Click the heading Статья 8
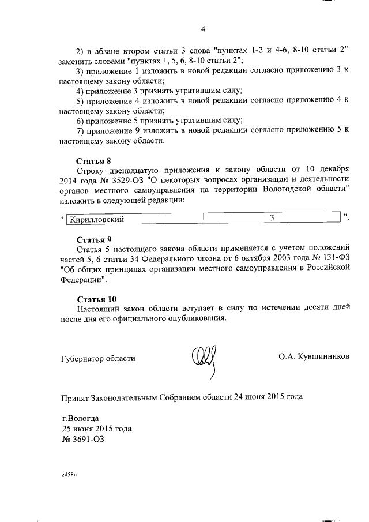click(93, 161)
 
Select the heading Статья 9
click(93, 239)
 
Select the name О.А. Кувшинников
click(314, 358)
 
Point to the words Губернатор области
click(98, 358)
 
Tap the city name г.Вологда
click(80, 418)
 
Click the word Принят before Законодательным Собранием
click(76, 397)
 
